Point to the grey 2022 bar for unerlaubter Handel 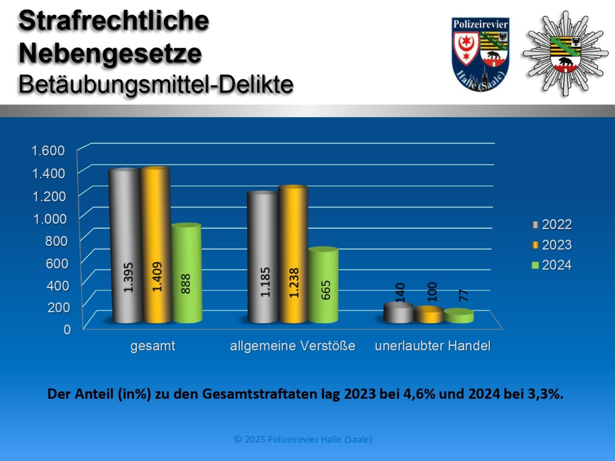coord(398,313)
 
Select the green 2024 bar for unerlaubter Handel coord(459,316)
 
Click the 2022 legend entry coord(551,224)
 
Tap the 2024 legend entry coord(551,265)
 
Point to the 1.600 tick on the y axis coord(48,151)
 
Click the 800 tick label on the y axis coord(56,240)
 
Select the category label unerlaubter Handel coord(433,346)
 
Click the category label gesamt coord(153,346)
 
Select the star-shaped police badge coord(565,53)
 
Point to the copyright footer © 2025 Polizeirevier coord(303,439)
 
